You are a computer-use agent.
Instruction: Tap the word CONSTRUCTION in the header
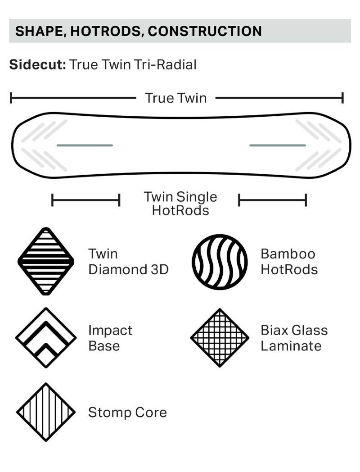tap(205, 32)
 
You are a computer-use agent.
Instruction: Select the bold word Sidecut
tap(38, 64)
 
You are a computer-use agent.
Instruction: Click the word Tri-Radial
tap(165, 64)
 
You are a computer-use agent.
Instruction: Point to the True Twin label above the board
tap(176, 98)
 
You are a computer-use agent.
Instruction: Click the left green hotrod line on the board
tap(85, 145)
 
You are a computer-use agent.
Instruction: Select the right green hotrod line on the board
tap(278, 145)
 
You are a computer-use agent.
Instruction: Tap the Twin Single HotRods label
tap(180, 204)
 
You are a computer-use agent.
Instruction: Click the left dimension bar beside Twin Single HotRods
tap(86, 200)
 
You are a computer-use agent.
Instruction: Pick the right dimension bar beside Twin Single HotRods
tap(273, 200)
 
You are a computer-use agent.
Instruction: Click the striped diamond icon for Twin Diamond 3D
tap(46, 261)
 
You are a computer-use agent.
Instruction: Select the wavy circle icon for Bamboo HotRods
tap(220, 262)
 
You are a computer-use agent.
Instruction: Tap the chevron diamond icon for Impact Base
tap(46, 337)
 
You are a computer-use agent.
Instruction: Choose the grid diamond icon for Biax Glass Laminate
tap(220, 338)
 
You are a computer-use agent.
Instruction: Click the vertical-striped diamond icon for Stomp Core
tap(46, 413)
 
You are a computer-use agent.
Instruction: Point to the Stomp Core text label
tap(127, 413)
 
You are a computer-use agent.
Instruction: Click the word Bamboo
tap(288, 254)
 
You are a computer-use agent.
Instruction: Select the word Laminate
tap(291, 346)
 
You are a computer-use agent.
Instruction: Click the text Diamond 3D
tap(128, 269)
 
